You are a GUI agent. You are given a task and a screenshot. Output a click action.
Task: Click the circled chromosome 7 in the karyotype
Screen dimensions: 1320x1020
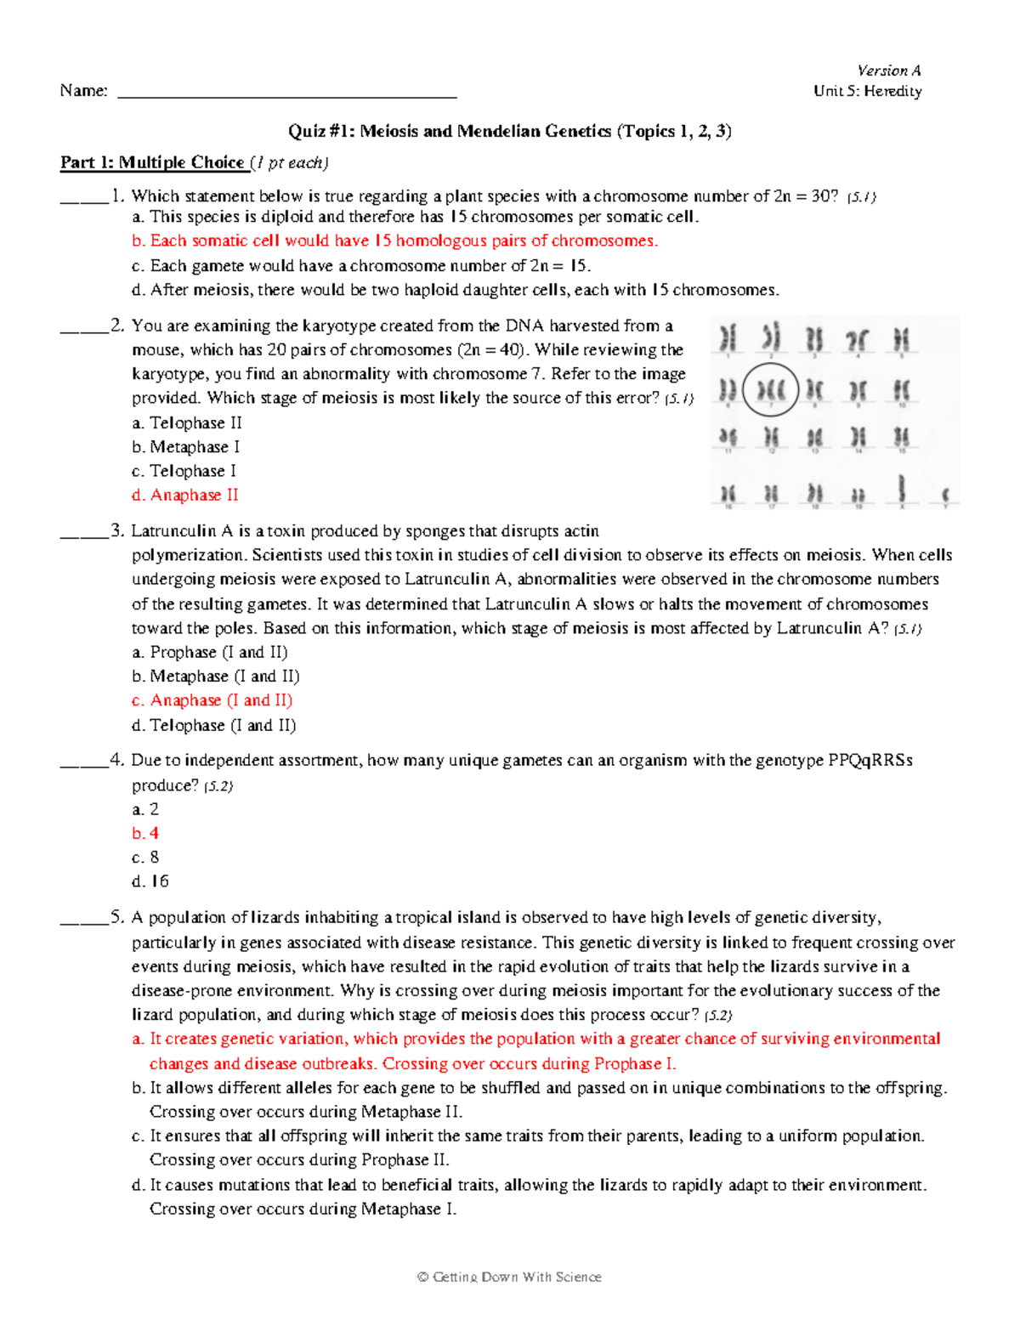click(770, 390)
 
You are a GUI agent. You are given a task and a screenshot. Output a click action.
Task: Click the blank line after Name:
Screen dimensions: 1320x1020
click(286, 92)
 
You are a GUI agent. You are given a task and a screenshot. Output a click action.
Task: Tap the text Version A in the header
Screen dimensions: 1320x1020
click(888, 71)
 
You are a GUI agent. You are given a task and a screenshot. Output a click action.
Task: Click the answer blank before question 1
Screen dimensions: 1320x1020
click(84, 197)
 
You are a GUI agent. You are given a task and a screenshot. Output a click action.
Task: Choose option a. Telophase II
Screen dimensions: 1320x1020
click(187, 422)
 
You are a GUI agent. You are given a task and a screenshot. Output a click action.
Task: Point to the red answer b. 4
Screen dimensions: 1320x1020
click(145, 833)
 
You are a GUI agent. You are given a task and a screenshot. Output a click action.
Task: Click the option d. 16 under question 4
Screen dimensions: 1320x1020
click(150, 881)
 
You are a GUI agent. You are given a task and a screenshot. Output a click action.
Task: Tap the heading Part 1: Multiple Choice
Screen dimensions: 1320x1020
click(152, 162)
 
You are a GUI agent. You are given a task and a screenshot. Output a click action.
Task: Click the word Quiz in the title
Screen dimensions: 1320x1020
click(305, 131)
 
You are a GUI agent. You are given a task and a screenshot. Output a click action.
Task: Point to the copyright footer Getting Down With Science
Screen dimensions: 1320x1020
click(510, 1277)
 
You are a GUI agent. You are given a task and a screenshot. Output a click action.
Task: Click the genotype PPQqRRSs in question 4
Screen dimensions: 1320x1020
click(870, 760)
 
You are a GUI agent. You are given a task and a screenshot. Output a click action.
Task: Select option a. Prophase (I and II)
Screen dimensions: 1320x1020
click(210, 652)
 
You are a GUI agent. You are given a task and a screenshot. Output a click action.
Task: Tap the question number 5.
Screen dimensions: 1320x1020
click(116, 917)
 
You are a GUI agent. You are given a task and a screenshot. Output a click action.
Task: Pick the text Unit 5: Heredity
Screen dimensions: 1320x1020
click(867, 91)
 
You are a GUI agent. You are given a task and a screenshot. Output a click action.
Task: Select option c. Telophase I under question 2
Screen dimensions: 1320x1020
click(184, 471)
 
